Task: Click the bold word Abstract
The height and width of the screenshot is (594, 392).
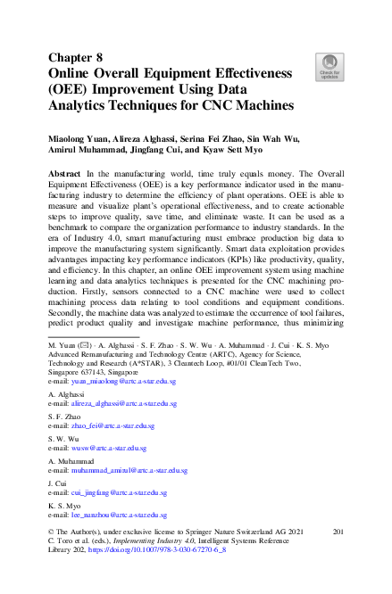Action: tap(67, 173)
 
